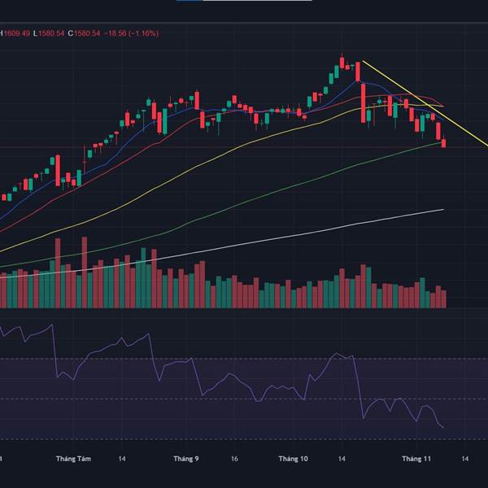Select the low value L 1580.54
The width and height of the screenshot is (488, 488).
pos(48,33)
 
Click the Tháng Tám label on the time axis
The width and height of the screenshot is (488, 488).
pos(72,460)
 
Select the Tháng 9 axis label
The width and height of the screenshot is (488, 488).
pos(186,460)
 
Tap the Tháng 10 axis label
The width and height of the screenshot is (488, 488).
pos(293,460)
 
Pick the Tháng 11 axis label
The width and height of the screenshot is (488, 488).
pos(416,460)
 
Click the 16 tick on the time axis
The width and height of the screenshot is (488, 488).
pos(234,460)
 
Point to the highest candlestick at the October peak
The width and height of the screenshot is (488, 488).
pos(342,62)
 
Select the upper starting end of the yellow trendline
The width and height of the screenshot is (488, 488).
pos(363,61)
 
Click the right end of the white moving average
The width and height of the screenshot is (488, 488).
pos(443,209)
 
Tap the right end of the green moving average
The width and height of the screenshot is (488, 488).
pos(443,142)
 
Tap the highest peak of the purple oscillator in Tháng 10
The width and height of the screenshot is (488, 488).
pos(336,354)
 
